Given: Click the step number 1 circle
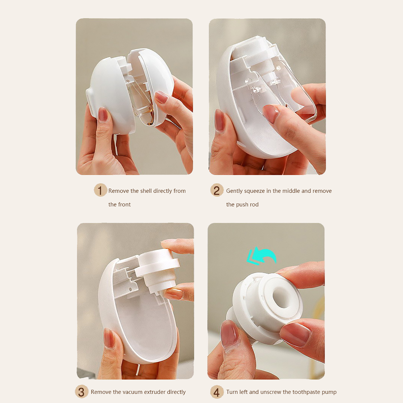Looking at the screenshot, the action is point(100,190).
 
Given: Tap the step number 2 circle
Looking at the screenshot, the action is point(217,190).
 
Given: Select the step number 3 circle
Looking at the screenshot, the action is point(81,392).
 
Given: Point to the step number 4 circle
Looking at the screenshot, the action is point(217,392).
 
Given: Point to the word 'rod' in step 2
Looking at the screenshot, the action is point(254,204).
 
